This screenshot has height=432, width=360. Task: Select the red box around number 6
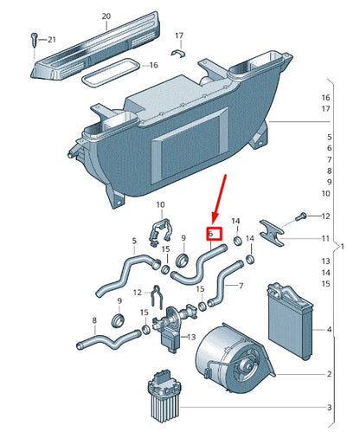215,233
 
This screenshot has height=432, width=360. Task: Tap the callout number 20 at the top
106,16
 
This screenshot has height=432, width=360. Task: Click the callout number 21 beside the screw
51,39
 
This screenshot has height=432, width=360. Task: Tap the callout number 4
330,330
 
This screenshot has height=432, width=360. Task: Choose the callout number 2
330,374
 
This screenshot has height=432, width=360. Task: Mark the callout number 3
330,408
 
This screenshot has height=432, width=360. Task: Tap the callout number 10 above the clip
160,205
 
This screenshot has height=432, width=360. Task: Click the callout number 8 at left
93,321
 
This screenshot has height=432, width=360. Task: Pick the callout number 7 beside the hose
241,286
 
